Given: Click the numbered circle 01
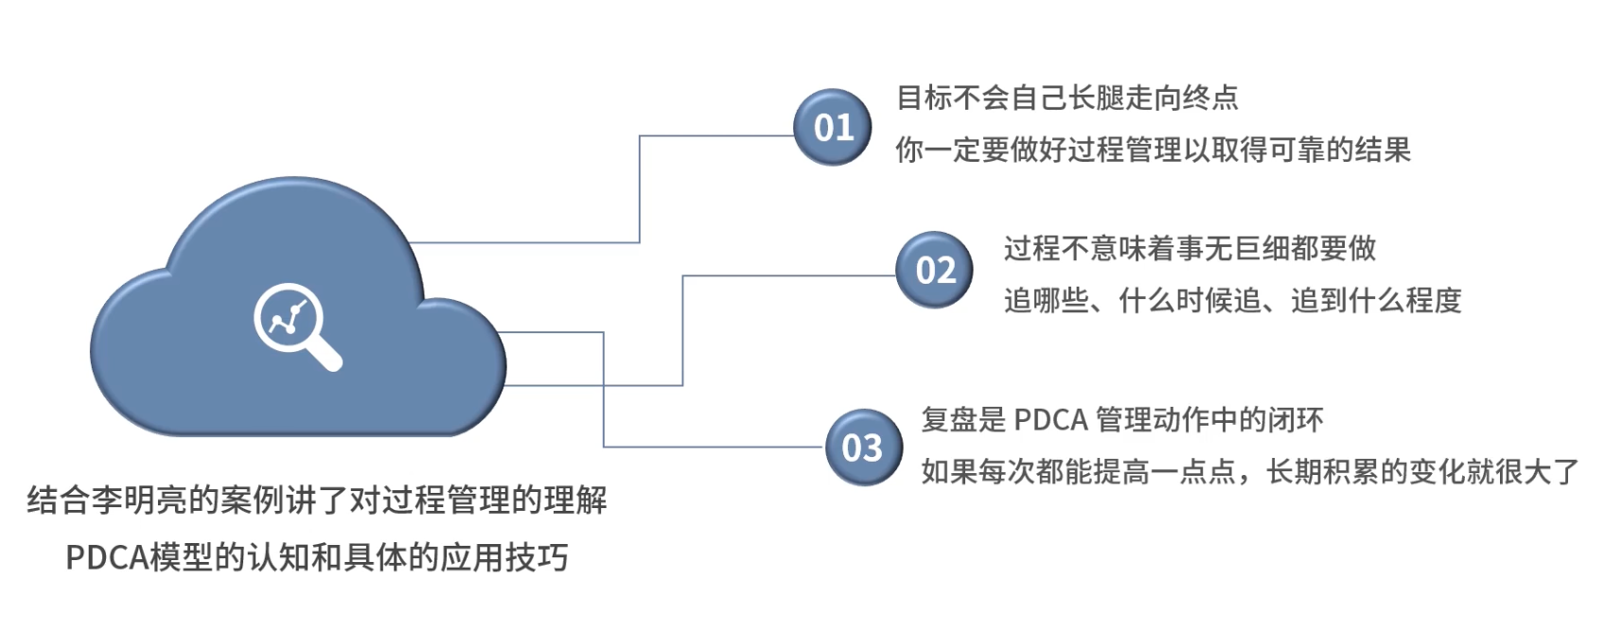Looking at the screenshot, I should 833,127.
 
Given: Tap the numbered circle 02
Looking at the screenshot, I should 935,270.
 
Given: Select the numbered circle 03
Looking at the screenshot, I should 862,447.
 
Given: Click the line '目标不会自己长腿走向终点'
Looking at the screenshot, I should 1067,97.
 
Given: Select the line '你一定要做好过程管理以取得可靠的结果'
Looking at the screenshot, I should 1153,149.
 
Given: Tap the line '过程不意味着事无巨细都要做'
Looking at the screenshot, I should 1190,249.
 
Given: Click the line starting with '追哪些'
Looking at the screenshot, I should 1232,301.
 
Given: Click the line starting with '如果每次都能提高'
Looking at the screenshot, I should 1249,471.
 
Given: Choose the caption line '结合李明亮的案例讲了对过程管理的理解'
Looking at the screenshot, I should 317,500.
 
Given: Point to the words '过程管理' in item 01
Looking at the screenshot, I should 1124,149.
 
